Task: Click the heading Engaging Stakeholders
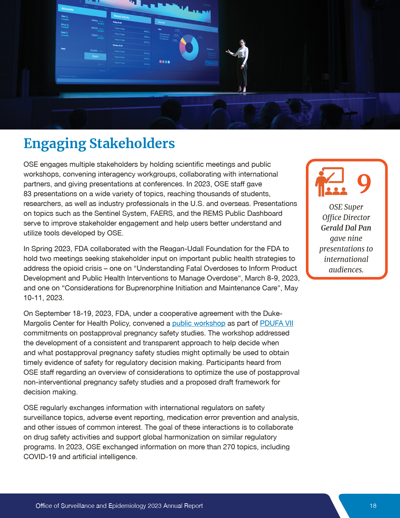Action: click(99, 144)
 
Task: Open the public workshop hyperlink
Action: click(199, 323)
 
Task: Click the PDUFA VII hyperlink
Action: click(276, 323)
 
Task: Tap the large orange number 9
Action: click(364, 183)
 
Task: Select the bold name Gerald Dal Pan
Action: click(346, 228)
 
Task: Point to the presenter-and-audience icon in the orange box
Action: click(330, 182)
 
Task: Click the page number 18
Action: click(373, 506)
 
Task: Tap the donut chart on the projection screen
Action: click(189, 48)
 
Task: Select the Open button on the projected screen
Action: click(95, 56)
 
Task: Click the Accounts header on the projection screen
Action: click(67, 9)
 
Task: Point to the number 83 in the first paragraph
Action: click(27, 194)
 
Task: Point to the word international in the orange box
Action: click(346, 259)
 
